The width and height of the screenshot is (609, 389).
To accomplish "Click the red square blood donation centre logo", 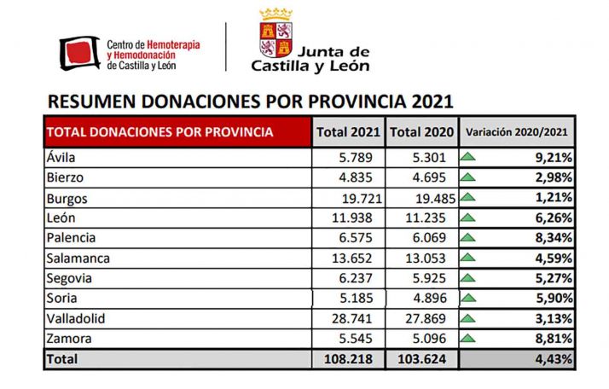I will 80,53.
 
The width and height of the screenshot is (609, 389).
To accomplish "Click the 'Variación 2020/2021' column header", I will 516,132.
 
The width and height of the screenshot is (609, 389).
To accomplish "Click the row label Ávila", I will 61,158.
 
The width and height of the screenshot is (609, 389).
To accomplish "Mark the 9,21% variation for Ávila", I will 552,158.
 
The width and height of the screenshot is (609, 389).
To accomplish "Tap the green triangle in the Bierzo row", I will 467,178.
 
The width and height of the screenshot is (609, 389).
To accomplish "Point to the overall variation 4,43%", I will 552,360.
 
